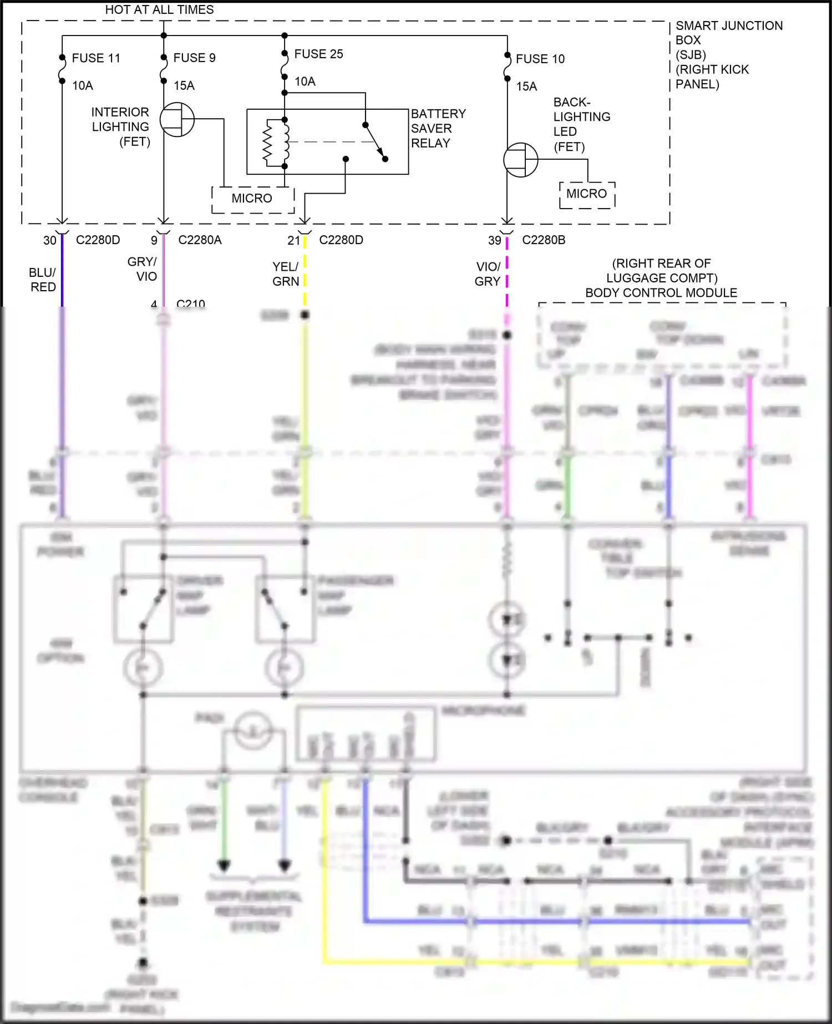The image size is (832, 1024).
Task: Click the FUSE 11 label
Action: click(x=96, y=58)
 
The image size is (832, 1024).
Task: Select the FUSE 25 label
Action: click(x=318, y=54)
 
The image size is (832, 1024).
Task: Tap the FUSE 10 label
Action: click(x=540, y=59)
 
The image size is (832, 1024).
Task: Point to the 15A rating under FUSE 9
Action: click(x=184, y=85)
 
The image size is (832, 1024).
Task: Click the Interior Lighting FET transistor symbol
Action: click(x=177, y=119)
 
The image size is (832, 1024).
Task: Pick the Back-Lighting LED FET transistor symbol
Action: click(x=520, y=160)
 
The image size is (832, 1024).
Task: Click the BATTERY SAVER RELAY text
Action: click(x=438, y=128)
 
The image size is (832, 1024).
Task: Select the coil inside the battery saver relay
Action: click(x=286, y=142)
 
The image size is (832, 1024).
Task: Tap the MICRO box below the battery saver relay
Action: click(x=252, y=199)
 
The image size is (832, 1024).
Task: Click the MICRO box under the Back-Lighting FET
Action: click(x=587, y=194)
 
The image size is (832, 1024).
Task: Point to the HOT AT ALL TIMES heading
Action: click(x=159, y=9)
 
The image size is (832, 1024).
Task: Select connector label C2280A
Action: click(x=200, y=240)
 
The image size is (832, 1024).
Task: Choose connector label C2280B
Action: click(x=544, y=240)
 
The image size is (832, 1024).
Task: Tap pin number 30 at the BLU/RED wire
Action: click(x=50, y=240)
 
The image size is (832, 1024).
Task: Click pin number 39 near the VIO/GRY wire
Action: click(x=495, y=240)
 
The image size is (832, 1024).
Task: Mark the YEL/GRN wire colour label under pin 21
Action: click(x=286, y=274)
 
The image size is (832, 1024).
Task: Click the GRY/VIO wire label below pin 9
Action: click(x=143, y=268)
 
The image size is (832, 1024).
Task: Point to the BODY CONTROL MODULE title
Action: click(x=661, y=292)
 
